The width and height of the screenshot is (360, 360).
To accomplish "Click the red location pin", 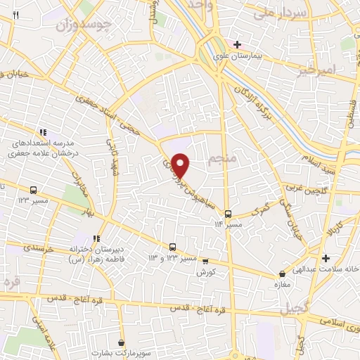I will click(x=181, y=165).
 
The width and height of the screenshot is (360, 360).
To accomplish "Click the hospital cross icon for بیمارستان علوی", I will click(x=238, y=44).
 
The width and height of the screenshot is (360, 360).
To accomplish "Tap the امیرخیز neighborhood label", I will click(x=321, y=70).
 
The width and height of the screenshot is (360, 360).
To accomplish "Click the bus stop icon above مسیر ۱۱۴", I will click(x=227, y=213).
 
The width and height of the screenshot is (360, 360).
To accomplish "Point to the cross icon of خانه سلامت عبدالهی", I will click(x=325, y=258).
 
